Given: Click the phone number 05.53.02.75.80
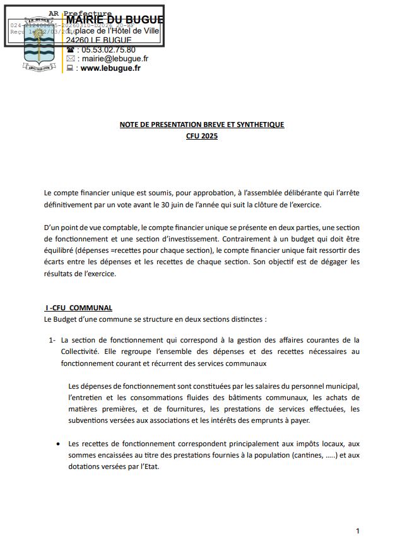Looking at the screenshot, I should click(x=108, y=49).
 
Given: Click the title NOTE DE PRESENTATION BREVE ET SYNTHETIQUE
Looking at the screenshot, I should click(x=202, y=125).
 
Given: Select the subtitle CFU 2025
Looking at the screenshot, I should click(x=202, y=135).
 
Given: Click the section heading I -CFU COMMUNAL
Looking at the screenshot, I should click(x=79, y=308).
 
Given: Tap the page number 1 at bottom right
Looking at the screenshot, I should click(x=358, y=531).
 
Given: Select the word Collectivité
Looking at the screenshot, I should click(x=80, y=351).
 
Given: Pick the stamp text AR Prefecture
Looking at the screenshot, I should click(x=80, y=13).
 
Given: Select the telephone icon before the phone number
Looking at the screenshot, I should click(x=70, y=49).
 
